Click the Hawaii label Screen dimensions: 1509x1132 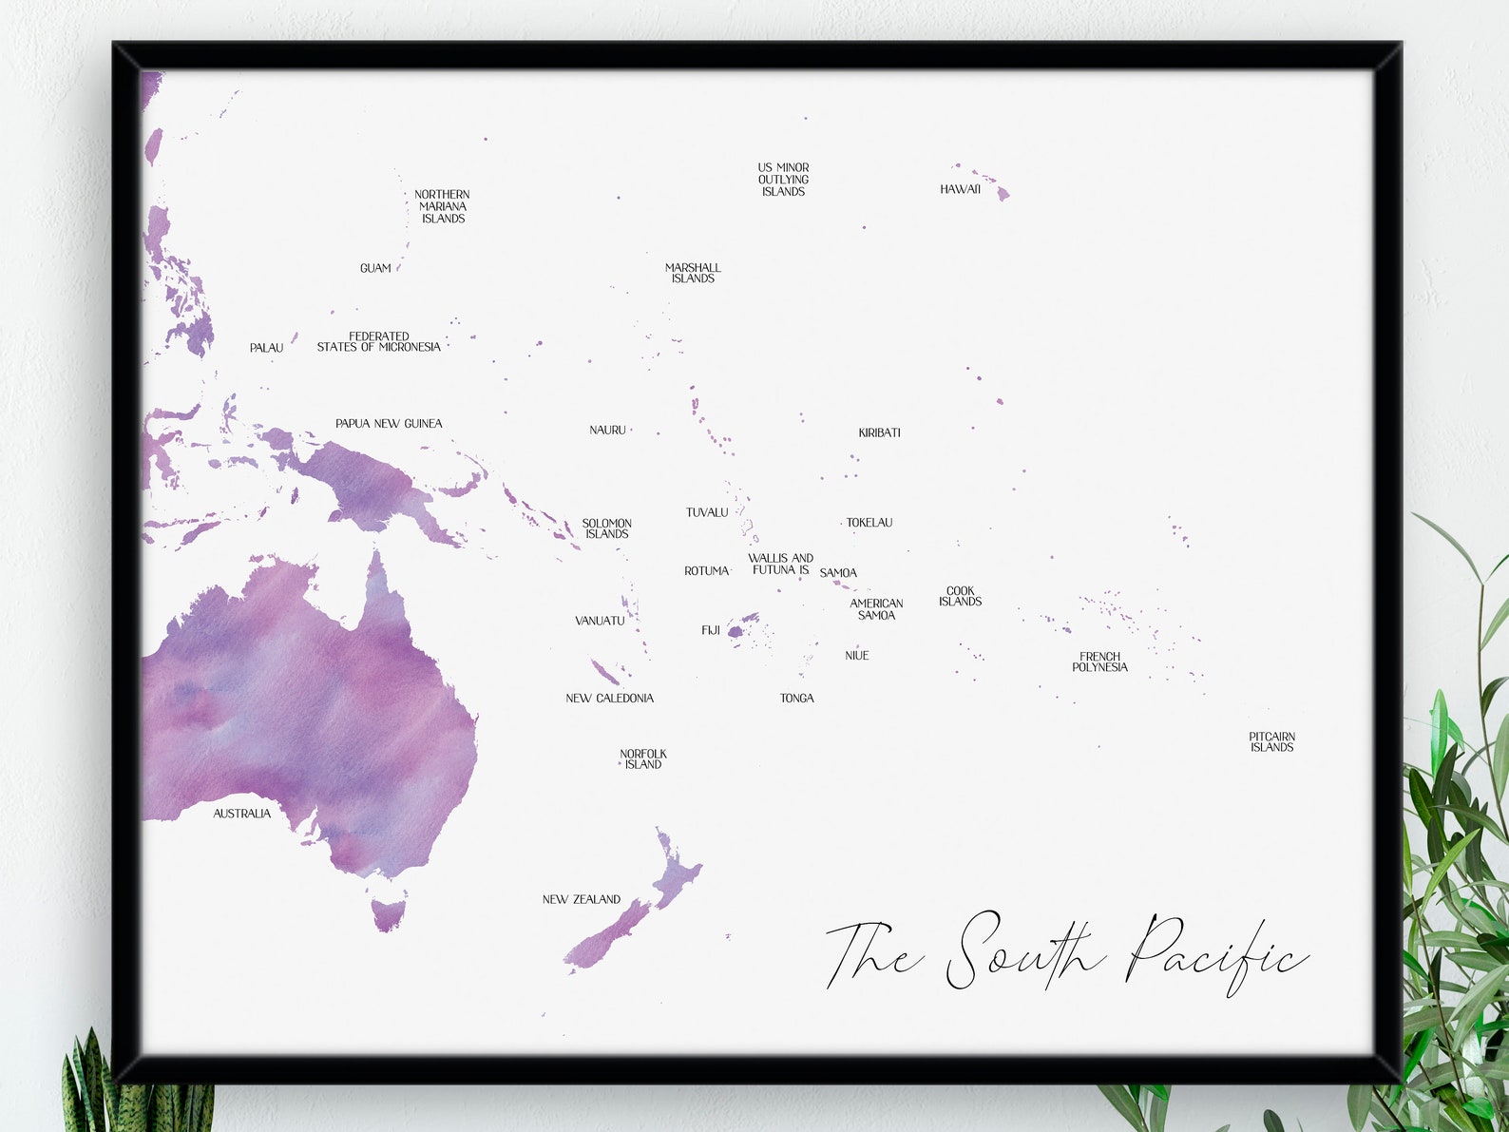pos(960,189)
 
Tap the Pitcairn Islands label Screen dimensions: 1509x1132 pos(1271,742)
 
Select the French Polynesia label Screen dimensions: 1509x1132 pos(1099,662)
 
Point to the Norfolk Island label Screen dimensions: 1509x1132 pos(643,759)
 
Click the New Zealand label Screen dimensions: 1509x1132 pos(581,899)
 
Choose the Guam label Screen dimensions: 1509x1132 pos(375,269)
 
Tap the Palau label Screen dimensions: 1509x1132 pos(266,348)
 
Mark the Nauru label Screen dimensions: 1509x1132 pos(607,431)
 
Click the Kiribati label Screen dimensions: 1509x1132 pos(879,433)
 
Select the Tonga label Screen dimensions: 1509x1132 pos(796,699)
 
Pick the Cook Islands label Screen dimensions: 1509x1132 pos(960,597)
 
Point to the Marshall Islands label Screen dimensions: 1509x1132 pos(693,274)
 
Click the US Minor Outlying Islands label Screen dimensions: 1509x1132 pos(783,180)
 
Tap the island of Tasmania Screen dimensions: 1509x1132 pos(388,913)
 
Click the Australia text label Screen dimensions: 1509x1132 pos(241,814)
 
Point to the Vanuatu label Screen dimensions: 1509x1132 pos(600,622)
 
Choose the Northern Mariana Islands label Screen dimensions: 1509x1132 pos(442,206)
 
